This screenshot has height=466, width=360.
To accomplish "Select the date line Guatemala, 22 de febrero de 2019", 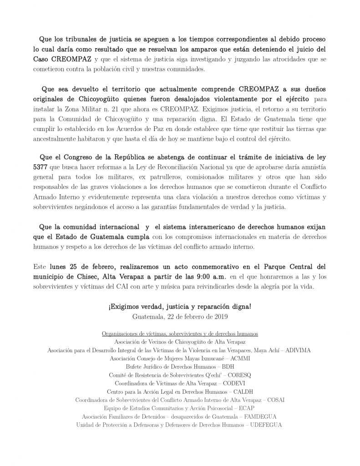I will click(180, 315).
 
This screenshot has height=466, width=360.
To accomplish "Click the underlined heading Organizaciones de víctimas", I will click(180, 333).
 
